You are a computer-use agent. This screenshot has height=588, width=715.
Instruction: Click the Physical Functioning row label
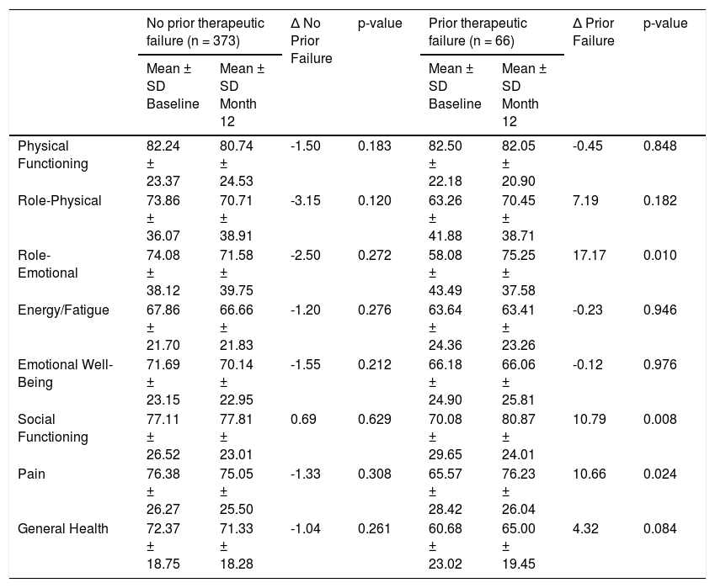pos(53,155)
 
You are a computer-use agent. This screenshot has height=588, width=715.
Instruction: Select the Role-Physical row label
pos(60,201)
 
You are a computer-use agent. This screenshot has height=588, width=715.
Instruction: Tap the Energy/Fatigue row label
pos(63,310)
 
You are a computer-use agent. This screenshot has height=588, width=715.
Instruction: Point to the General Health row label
pos(63,529)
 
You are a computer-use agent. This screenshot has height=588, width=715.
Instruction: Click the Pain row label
pos(31,474)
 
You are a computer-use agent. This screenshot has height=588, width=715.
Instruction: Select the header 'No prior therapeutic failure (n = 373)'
pos(205,32)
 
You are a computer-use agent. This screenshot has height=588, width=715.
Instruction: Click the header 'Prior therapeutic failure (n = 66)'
pos(478,32)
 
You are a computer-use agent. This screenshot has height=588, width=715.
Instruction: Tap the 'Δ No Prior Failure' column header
pos(312,40)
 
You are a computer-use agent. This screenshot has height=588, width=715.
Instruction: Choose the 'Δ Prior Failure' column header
pos(593,32)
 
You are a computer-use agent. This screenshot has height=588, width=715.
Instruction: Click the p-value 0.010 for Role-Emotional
pos(659,256)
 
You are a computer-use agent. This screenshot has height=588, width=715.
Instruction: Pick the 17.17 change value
pos(590,256)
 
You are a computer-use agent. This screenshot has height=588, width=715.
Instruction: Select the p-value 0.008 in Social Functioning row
pos(659,420)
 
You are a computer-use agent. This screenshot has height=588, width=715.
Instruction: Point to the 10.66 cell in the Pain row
pos(590,474)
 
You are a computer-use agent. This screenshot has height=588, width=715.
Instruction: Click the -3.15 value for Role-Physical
pos(306,201)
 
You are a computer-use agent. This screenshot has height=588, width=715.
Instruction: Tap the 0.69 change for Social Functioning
pos(303,420)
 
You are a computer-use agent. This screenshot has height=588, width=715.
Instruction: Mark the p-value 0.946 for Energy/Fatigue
pos(659,310)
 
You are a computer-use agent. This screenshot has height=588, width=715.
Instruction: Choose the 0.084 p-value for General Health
pos(659,529)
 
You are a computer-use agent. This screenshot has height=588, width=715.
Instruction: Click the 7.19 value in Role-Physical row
pos(585,201)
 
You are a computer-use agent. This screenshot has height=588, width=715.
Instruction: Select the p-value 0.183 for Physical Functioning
pos(375,146)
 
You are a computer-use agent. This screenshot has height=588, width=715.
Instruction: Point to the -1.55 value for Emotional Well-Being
pos(306,365)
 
